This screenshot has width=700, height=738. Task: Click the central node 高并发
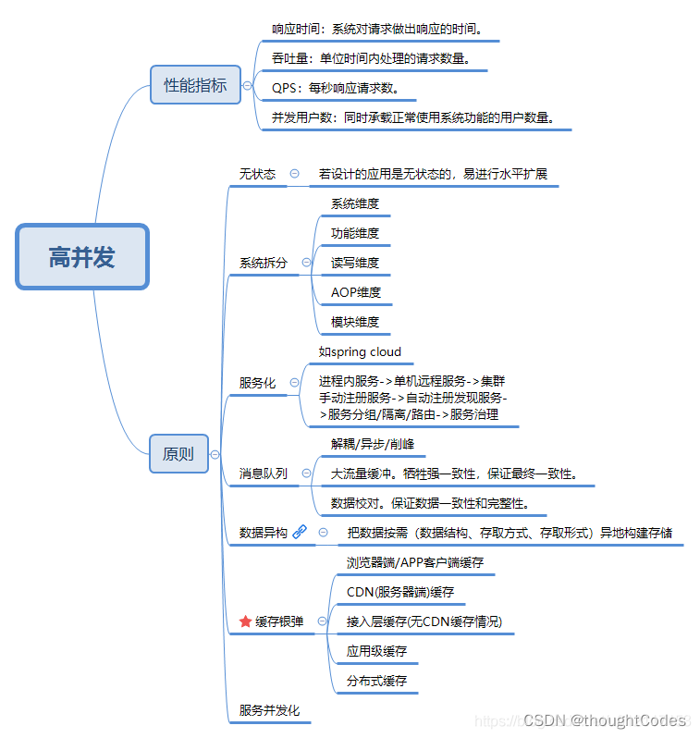click(x=82, y=256)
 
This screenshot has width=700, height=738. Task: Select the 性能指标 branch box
click(x=195, y=85)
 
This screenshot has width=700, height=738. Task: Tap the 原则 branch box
click(x=178, y=453)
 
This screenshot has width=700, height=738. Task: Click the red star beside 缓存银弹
click(x=245, y=621)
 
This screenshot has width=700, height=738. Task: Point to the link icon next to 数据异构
click(x=300, y=532)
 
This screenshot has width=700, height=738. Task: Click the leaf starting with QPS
click(x=336, y=89)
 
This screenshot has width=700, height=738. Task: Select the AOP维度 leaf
click(x=356, y=292)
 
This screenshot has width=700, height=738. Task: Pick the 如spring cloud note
click(x=361, y=351)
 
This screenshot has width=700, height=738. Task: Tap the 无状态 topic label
click(x=257, y=173)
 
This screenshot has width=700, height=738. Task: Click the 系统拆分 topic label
click(x=264, y=263)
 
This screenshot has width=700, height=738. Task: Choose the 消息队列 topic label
click(x=264, y=473)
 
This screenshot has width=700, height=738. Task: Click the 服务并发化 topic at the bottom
click(x=270, y=710)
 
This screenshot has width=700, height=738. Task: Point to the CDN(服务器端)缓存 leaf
click(x=400, y=592)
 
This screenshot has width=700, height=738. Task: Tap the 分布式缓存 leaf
click(x=376, y=681)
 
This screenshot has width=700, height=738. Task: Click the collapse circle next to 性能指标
click(x=247, y=85)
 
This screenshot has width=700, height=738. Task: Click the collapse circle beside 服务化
click(x=295, y=382)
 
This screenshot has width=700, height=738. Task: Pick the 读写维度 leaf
click(x=355, y=263)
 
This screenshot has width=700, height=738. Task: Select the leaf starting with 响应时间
click(x=376, y=29)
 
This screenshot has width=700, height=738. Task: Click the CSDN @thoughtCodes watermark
click(x=603, y=720)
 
